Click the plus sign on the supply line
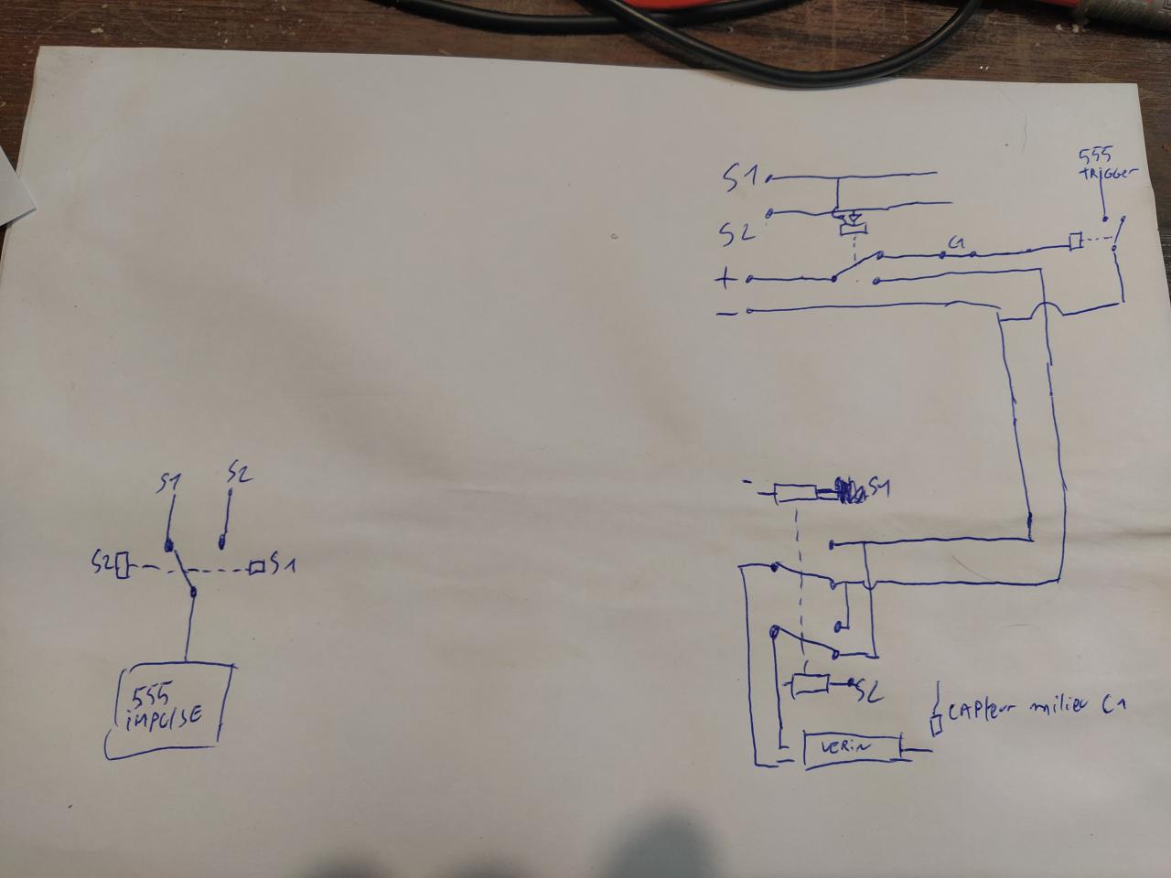point(725,278)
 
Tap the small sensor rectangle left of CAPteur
point(936,726)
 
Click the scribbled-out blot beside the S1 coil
point(850,491)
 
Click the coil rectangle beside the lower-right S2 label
point(810,684)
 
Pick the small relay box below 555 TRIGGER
point(1077,241)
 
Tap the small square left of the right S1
point(257,568)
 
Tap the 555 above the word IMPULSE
point(148,694)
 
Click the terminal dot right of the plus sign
point(749,278)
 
